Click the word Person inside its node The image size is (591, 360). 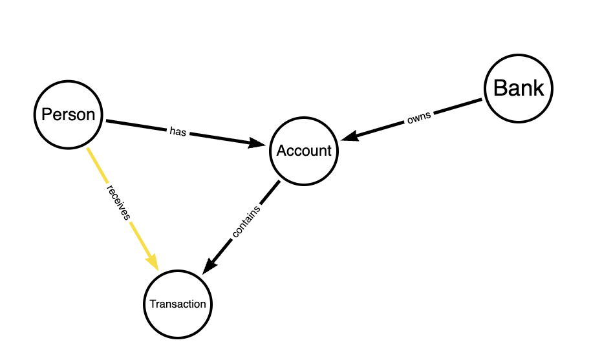tap(68, 115)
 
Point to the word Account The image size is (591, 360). tap(304, 151)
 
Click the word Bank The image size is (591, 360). tap(519, 89)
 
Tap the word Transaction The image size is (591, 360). tap(177, 304)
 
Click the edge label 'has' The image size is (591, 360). tap(178, 131)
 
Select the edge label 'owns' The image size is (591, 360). tap(418, 119)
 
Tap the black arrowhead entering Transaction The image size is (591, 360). tap(210, 266)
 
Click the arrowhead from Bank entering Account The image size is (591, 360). tap(349, 136)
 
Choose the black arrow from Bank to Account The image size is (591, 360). tap(453, 109)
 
